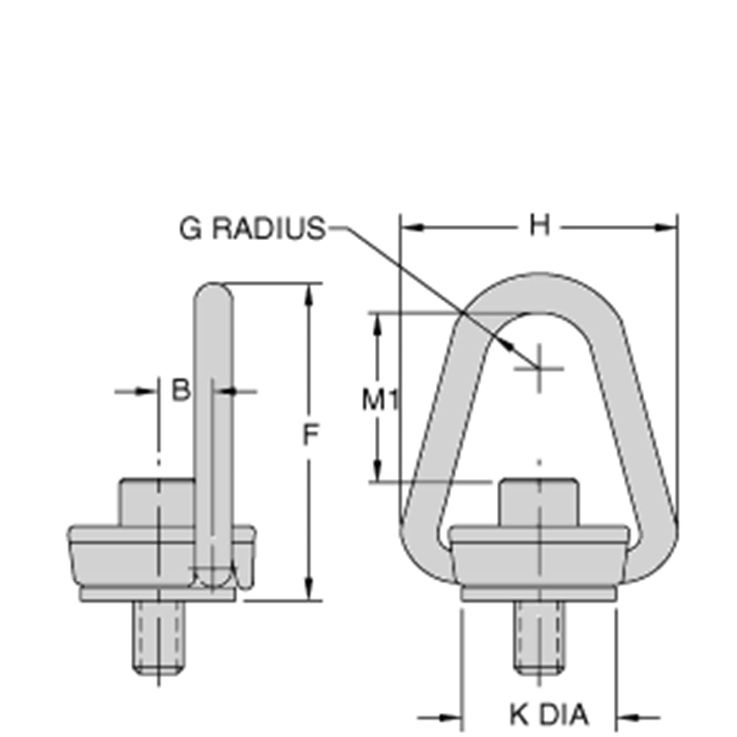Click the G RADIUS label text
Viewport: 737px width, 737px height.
tap(252, 228)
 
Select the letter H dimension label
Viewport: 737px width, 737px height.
tap(539, 225)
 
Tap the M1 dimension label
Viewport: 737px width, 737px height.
tap(380, 400)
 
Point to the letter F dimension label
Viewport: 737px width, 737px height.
tap(309, 435)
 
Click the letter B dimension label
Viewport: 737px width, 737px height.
tap(181, 390)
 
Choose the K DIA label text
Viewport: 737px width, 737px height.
tap(549, 715)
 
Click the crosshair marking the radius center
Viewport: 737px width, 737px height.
tap(539, 368)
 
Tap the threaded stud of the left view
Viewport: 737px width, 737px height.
tap(158, 637)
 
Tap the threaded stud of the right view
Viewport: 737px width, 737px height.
tap(539, 637)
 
